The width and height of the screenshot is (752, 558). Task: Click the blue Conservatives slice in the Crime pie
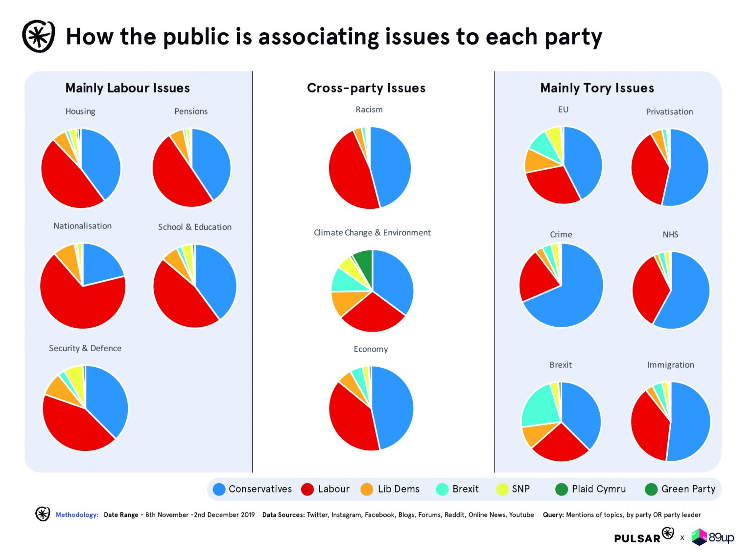pyautogui.click(x=573, y=298)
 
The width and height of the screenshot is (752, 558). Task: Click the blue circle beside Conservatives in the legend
pyautogui.click(x=219, y=489)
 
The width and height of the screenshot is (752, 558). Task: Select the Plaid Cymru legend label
pyautogui.click(x=598, y=489)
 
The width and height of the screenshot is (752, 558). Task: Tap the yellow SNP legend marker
pyautogui.click(x=502, y=489)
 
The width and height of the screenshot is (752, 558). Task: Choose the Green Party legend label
pyautogui.click(x=688, y=489)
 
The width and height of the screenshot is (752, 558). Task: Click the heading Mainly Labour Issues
pyautogui.click(x=127, y=88)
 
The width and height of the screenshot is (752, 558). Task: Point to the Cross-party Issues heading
pyautogui.click(x=366, y=88)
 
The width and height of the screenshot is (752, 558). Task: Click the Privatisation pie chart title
pyautogui.click(x=669, y=112)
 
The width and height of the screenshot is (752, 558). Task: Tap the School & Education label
pyautogui.click(x=194, y=227)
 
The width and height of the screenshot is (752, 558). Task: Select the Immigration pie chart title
pyautogui.click(x=670, y=365)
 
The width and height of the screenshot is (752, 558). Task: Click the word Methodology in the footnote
pyautogui.click(x=77, y=515)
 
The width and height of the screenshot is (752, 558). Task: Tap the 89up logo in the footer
pyautogui.click(x=713, y=537)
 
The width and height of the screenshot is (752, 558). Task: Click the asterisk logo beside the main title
pyautogui.click(x=38, y=36)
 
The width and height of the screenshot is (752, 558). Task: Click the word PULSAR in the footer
pyautogui.click(x=637, y=538)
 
